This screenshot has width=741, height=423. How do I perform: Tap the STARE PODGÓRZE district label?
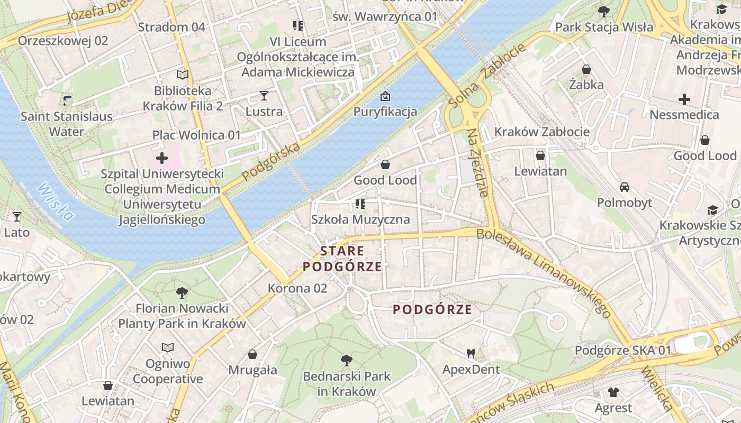coord(342,259)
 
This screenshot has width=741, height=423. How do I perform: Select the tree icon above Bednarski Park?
coord(347,361)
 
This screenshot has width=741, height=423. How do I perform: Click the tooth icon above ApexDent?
coord(471,353)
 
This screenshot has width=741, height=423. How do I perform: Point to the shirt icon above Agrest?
coord(613,392)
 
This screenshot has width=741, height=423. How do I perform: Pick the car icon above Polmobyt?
coord(625,187)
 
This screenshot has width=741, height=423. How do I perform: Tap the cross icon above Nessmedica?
coord(684,99)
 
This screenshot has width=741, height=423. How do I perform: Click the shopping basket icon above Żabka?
coord(586,69)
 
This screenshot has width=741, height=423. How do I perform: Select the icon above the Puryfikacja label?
coord(385,96)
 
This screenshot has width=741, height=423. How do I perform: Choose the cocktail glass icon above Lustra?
coord(264,96)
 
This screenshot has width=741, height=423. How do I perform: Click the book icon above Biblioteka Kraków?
coord(183,75)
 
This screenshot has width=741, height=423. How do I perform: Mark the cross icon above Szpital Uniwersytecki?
coord(162,158)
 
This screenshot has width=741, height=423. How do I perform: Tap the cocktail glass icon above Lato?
coord(17,216)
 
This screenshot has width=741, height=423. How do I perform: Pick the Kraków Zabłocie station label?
coord(541,132)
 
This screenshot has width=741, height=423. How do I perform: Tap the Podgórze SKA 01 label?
coord(623,350)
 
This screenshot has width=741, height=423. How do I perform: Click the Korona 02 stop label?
coord(297,288)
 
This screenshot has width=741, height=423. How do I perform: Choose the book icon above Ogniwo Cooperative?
coord(168,347)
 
